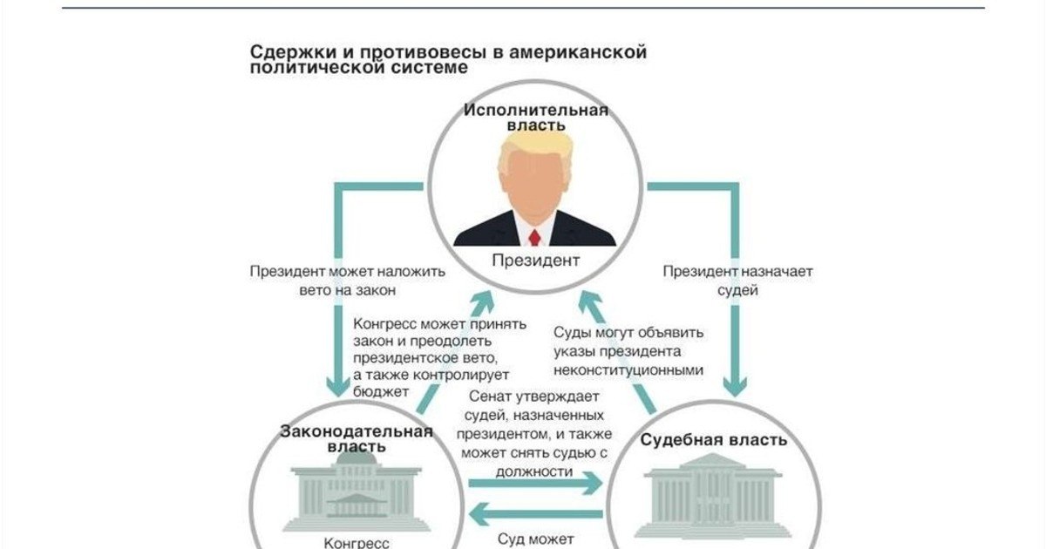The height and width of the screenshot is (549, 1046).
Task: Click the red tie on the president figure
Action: [534, 238]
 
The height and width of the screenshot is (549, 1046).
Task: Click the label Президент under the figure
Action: [535, 260]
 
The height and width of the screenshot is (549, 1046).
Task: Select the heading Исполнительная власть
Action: [536, 118]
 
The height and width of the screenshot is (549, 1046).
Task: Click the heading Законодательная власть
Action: [357, 438]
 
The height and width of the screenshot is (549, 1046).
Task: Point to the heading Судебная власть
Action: [713, 440]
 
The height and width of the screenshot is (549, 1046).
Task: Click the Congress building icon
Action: [357, 491]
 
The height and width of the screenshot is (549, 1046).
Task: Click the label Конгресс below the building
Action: [357, 543]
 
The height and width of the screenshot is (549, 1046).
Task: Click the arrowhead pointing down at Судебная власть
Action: [735, 386]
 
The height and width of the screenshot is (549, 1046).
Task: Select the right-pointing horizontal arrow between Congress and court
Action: [535, 483]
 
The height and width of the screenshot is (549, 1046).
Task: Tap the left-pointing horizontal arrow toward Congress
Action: [535, 514]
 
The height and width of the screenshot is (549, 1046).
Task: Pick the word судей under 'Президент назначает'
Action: [737, 291]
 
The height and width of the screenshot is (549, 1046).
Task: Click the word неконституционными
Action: [628, 370]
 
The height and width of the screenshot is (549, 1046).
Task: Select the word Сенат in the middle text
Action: [490, 396]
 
